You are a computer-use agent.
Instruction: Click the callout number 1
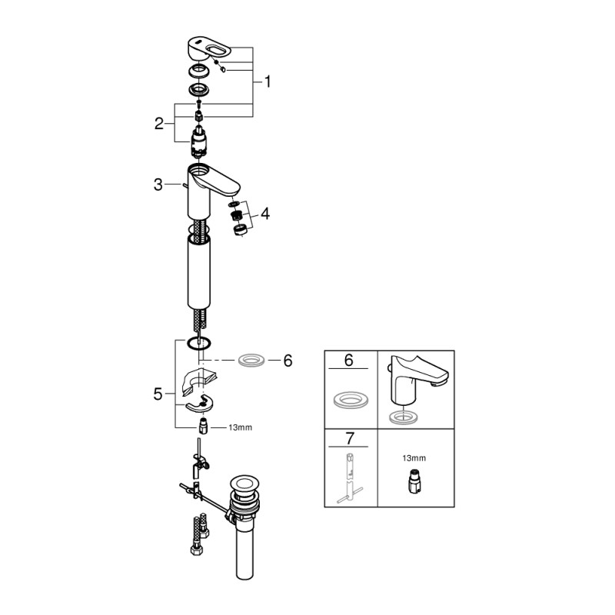(x=267, y=81)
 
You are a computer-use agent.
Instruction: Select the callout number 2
(x=159, y=123)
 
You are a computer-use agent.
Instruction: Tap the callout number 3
(x=158, y=184)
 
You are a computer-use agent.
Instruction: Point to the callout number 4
(x=265, y=214)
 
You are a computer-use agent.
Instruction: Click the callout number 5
(x=158, y=394)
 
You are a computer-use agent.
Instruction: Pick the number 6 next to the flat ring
(x=288, y=360)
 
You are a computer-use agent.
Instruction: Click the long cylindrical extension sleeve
(x=198, y=273)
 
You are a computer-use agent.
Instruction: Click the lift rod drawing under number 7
(x=349, y=480)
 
